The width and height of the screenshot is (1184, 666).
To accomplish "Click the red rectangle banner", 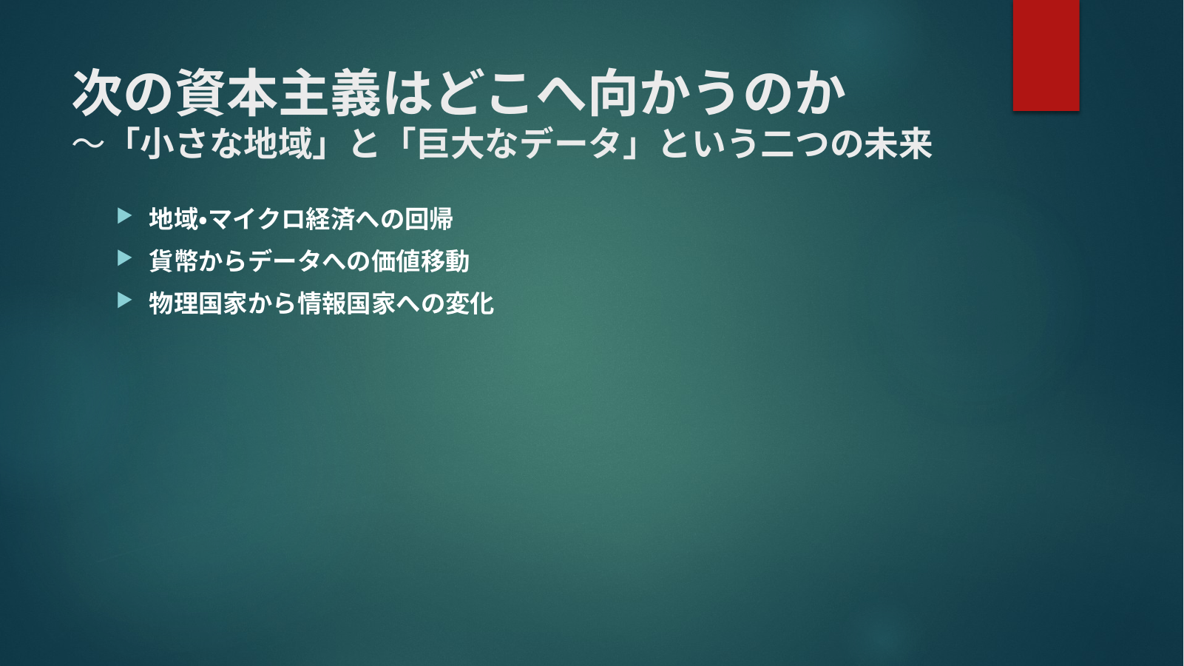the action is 1046,55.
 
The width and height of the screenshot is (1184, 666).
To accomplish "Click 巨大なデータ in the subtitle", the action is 518,144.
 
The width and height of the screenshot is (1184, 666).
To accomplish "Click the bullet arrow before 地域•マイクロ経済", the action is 124,216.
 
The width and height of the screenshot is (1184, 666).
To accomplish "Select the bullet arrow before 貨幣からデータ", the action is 124,258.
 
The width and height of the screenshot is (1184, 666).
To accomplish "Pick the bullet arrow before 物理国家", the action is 124,300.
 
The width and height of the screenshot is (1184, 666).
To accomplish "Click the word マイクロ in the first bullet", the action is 257,219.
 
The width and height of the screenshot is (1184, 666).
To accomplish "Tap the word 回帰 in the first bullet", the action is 429,219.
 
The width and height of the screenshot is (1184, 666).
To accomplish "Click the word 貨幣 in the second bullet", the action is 173,261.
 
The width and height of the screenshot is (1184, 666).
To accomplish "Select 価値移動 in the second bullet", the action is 420,261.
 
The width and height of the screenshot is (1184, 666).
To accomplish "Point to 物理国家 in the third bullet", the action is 198,303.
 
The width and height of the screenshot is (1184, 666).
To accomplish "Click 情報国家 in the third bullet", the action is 346,303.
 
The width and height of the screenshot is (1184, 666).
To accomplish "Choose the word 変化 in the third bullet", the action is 470,303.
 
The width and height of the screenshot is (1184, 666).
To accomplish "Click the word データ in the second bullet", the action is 285,261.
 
